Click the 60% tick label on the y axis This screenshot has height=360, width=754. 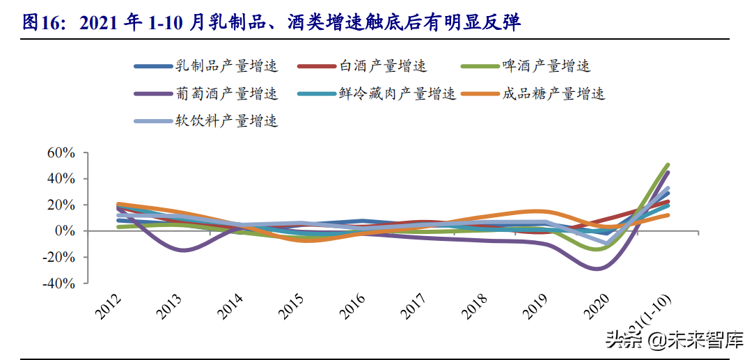61,152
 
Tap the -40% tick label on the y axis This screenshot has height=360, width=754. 58,284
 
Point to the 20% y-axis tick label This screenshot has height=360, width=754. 61,205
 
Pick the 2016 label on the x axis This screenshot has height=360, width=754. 353,306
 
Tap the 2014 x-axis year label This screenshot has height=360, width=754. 230,306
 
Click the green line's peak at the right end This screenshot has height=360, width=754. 668,165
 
